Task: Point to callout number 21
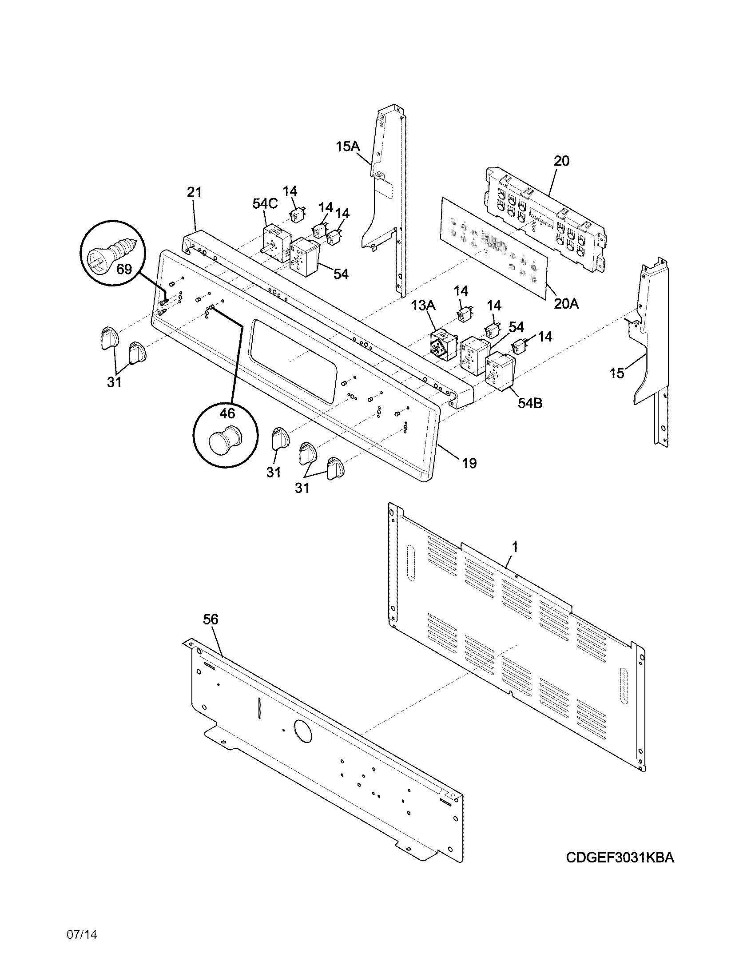(x=194, y=193)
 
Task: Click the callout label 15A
(x=348, y=146)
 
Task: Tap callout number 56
(x=211, y=620)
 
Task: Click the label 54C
(x=265, y=203)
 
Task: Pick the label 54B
(x=529, y=403)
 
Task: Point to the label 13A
(x=423, y=305)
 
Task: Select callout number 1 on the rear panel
(x=515, y=546)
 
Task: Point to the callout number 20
(x=561, y=161)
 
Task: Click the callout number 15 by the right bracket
(x=617, y=373)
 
